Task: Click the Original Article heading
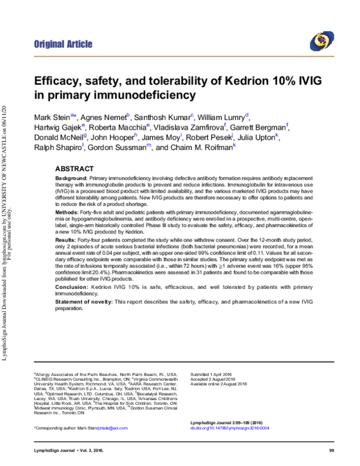coord(63,44)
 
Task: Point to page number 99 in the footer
coord(331,451)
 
